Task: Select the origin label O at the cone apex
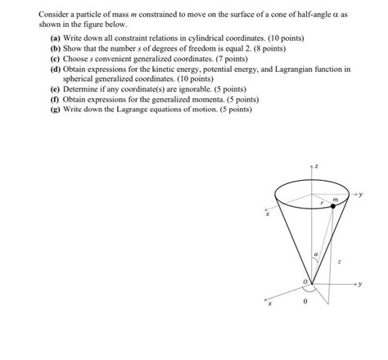click(x=306, y=283)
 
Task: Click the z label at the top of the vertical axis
click(x=318, y=167)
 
